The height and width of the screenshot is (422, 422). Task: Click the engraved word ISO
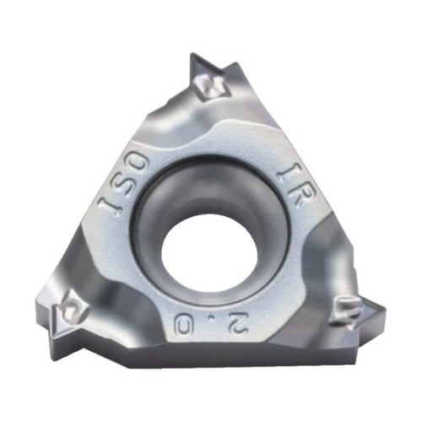pos(123,184)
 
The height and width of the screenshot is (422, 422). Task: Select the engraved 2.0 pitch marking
pos(208,322)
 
